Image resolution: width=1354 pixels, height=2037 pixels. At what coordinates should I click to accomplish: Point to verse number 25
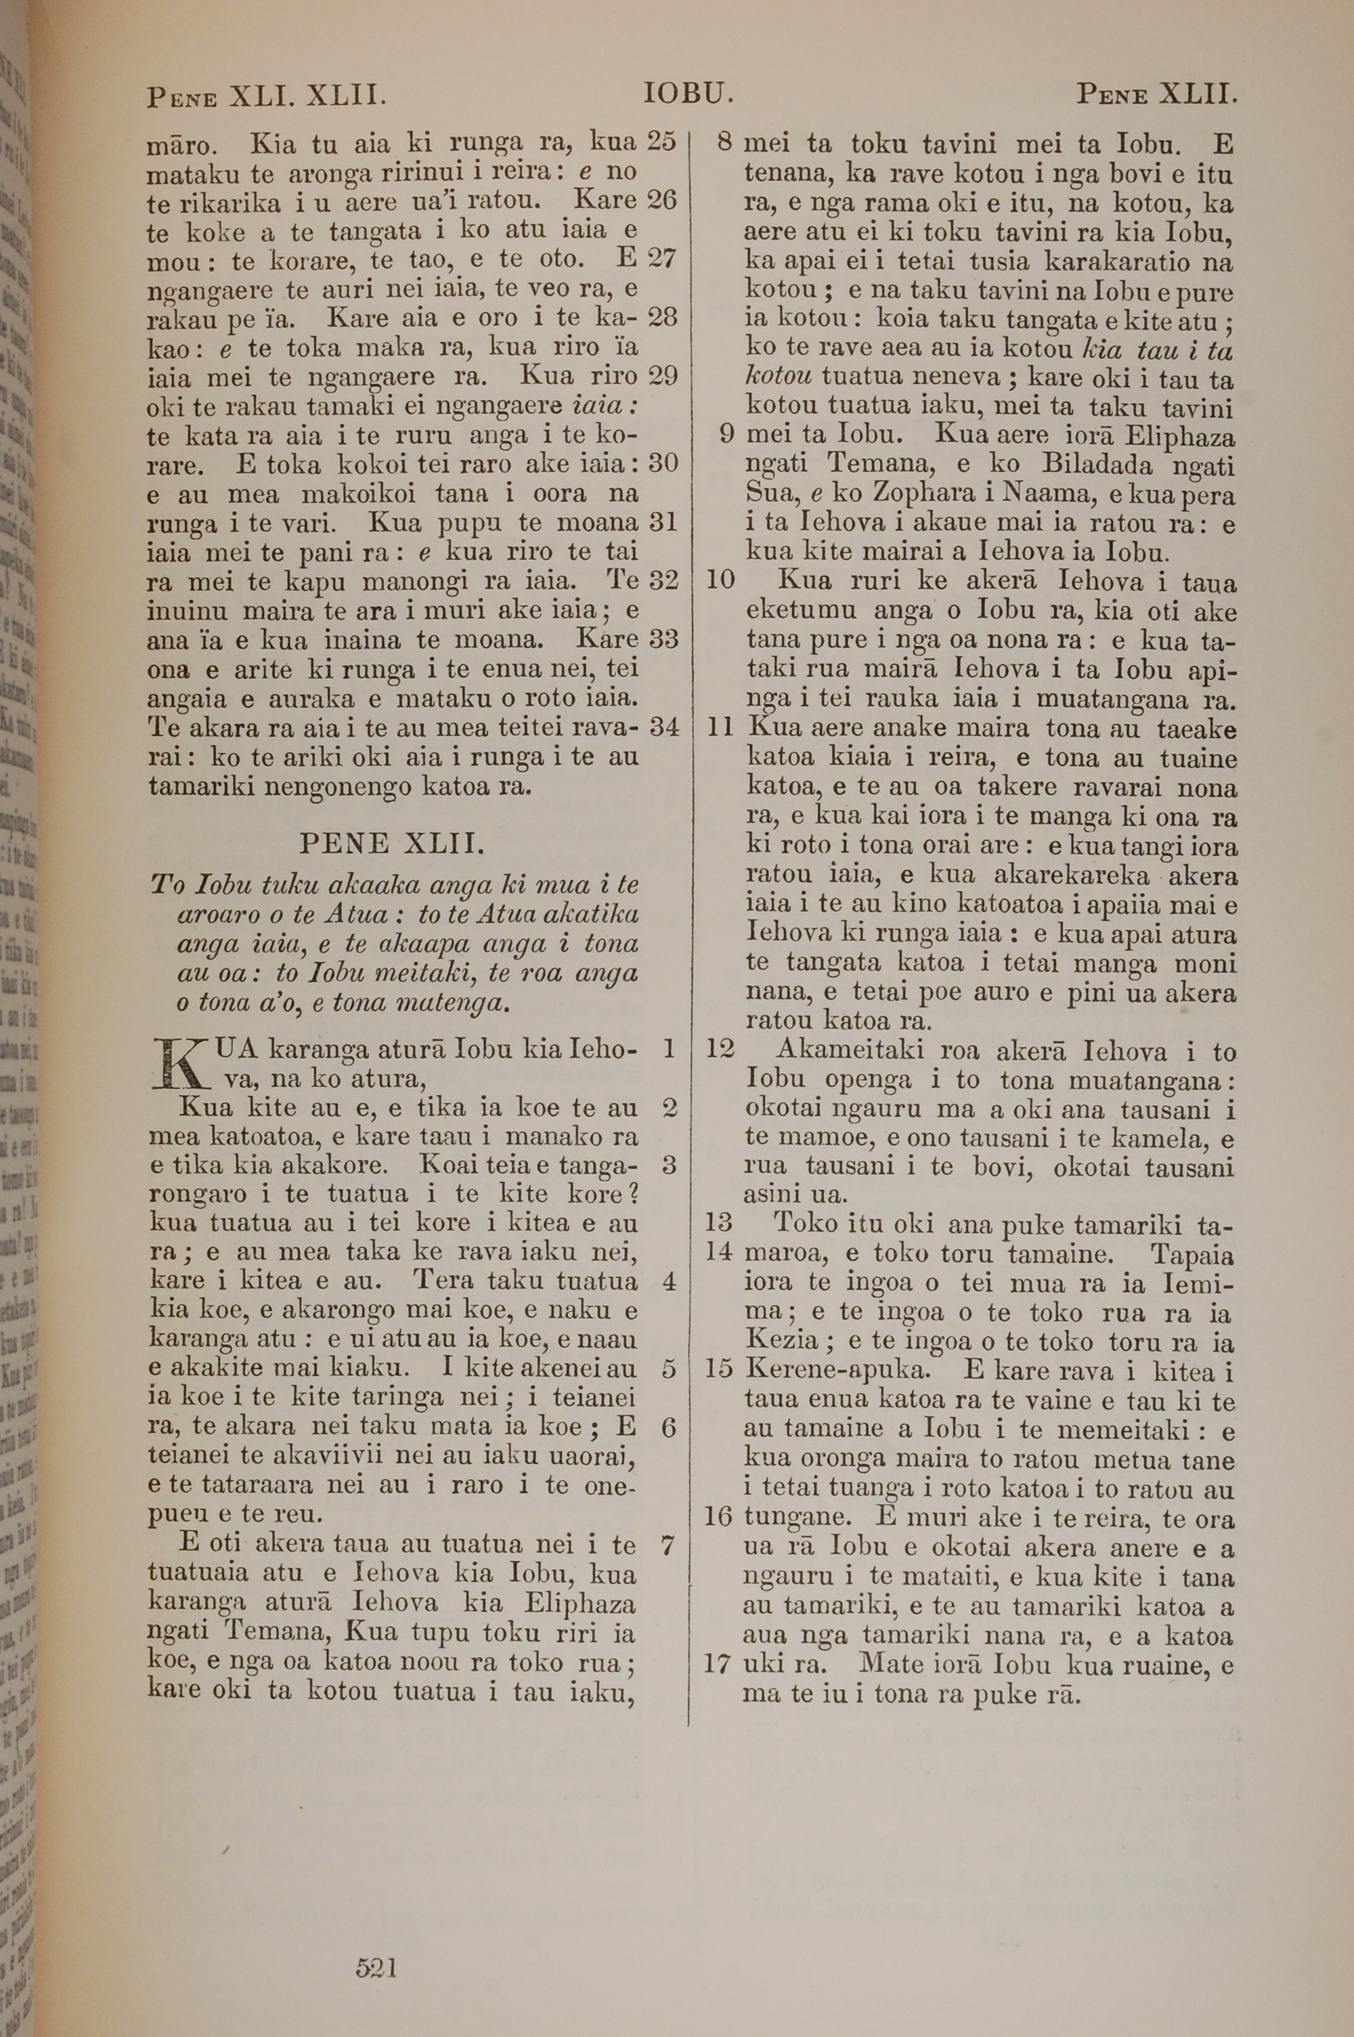click(x=661, y=140)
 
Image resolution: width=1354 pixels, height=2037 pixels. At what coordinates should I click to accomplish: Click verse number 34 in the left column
click(x=663, y=726)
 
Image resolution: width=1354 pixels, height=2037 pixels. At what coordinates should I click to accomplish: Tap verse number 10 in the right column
click(x=720, y=580)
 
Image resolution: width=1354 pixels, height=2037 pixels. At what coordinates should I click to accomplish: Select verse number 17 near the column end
click(x=718, y=1664)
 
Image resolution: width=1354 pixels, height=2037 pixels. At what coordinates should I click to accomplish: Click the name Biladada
click(x=1097, y=465)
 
